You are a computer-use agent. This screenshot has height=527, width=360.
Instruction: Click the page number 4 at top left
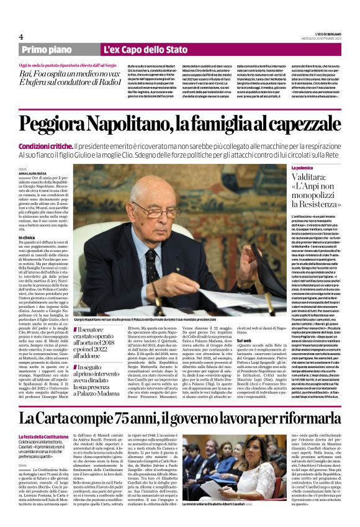pos(21,37)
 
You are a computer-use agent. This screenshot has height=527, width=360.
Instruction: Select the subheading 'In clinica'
pos(27,237)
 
